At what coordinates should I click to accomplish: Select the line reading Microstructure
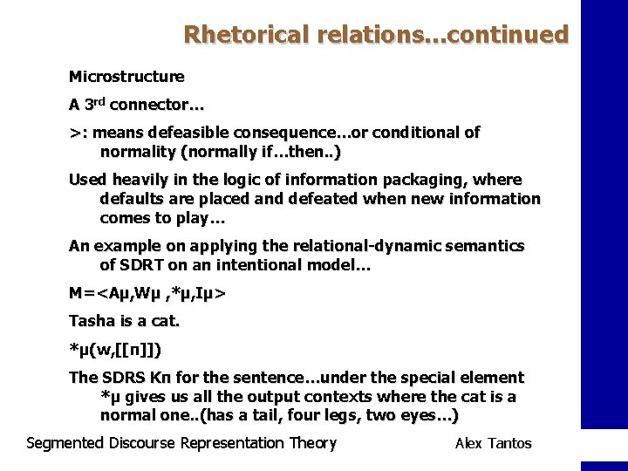(126, 77)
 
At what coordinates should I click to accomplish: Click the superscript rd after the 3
(106, 101)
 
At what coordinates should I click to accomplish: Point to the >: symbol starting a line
(77, 133)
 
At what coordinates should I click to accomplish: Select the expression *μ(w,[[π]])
(115, 351)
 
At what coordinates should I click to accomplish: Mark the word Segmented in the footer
(65, 443)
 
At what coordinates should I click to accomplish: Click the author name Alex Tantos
(493, 444)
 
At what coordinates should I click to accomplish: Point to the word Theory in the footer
(312, 443)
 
